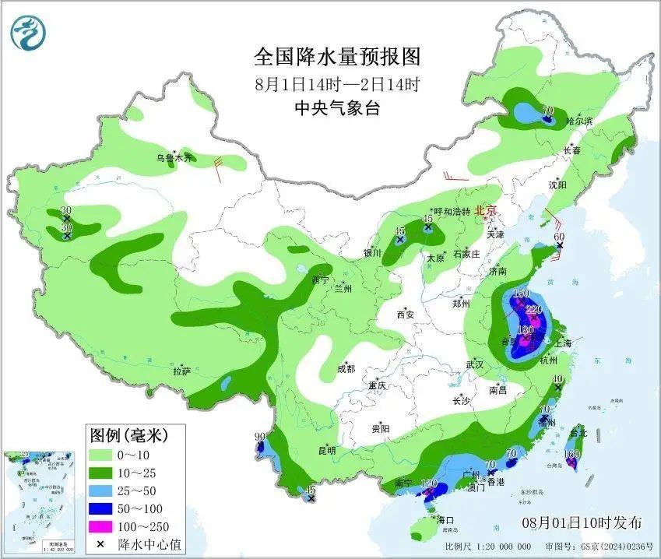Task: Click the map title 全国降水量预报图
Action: click(337, 57)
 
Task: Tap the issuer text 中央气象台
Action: click(337, 109)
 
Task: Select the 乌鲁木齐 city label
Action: click(172, 158)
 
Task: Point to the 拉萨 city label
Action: click(181, 371)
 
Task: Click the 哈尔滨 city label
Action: click(579, 121)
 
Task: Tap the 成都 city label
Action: click(346, 369)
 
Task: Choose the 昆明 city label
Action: click(326, 450)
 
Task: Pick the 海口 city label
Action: click(445, 519)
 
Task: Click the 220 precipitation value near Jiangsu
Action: click(533, 309)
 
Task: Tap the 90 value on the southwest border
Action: click(260, 436)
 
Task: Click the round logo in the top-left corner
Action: click(29, 32)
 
